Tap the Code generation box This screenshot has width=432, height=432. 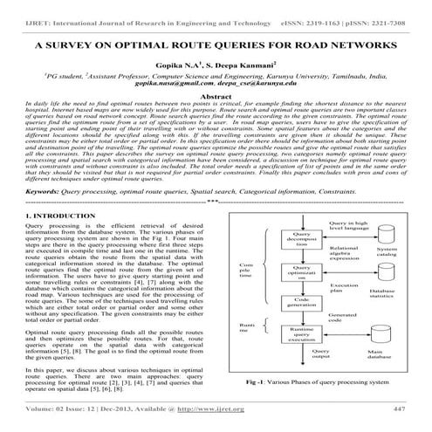pos(301,325)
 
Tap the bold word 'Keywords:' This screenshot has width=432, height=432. pos(47,213)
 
